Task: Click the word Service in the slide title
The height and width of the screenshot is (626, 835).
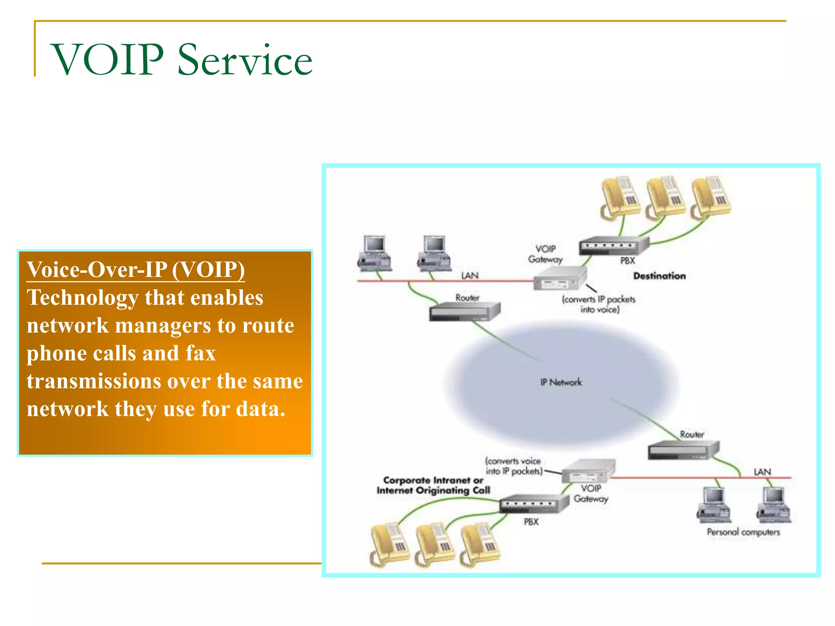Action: click(x=245, y=60)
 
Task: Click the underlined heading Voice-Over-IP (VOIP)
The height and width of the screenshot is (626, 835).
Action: click(x=136, y=270)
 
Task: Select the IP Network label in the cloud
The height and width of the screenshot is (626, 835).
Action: click(x=561, y=382)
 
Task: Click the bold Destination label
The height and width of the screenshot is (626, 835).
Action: click(x=659, y=276)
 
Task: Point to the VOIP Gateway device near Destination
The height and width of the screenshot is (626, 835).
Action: click(x=559, y=278)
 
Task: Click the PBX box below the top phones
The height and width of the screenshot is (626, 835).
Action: click(x=613, y=245)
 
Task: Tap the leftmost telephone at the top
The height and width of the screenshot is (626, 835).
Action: click(x=620, y=196)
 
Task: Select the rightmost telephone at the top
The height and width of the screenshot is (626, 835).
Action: click(x=711, y=196)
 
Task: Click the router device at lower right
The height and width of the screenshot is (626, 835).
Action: click(x=683, y=450)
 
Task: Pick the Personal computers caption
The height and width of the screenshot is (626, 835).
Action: click(x=743, y=532)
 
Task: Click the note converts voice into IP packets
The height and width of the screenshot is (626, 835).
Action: click(x=514, y=466)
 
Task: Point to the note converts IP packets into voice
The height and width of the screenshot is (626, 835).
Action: click(x=599, y=304)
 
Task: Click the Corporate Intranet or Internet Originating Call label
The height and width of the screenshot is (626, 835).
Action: click(x=433, y=485)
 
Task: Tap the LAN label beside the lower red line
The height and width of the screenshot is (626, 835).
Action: click(x=762, y=472)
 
